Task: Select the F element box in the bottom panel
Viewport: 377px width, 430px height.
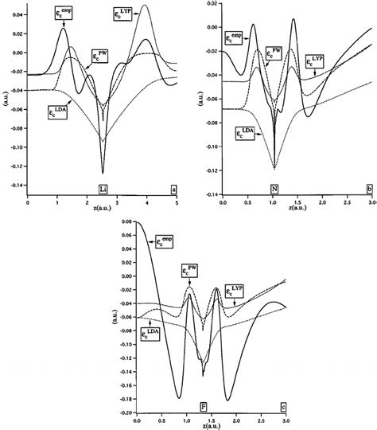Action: click(204, 406)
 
